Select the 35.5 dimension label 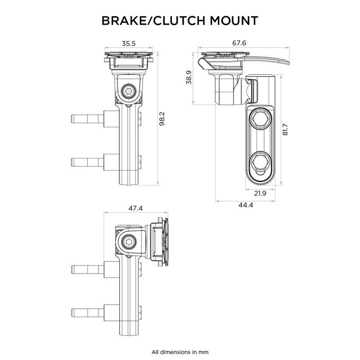tap(129, 44)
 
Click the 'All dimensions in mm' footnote tap(180, 351)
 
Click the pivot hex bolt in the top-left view tap(130, 91)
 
